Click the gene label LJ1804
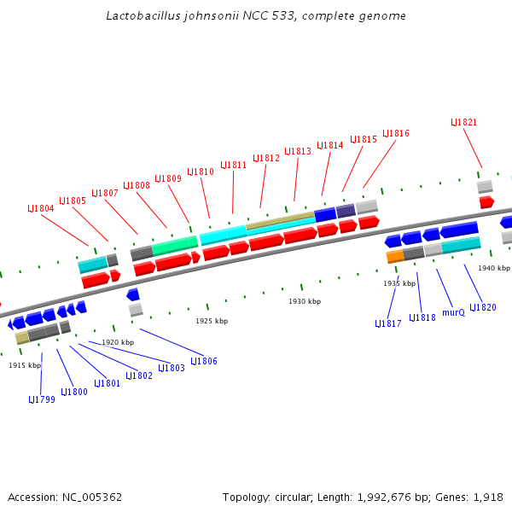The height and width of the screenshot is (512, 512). (41, 208)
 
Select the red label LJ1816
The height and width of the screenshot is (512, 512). (396, 134)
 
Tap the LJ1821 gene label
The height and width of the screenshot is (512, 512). (463, 122)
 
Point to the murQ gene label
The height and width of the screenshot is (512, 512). (454, 312)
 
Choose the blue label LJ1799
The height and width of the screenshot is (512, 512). (42, 399)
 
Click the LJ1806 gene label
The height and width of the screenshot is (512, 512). (204, 361)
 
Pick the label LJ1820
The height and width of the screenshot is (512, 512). (482, 307)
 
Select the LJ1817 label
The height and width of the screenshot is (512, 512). (388, 323)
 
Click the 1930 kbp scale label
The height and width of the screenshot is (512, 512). (305, 301)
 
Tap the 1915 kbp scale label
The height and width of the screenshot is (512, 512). (25, 365)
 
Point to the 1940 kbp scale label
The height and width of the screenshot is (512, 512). (493, 268)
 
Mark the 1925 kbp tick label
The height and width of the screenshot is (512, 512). (212, 321)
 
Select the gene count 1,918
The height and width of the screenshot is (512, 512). (487, 497)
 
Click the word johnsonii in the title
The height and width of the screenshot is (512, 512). (202, 15)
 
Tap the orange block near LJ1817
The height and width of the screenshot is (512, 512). (395, 255)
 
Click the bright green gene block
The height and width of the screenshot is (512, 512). (175, 246)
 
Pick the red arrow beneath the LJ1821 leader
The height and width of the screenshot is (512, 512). (486, 201)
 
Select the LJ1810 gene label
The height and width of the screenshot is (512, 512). (201, 172)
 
